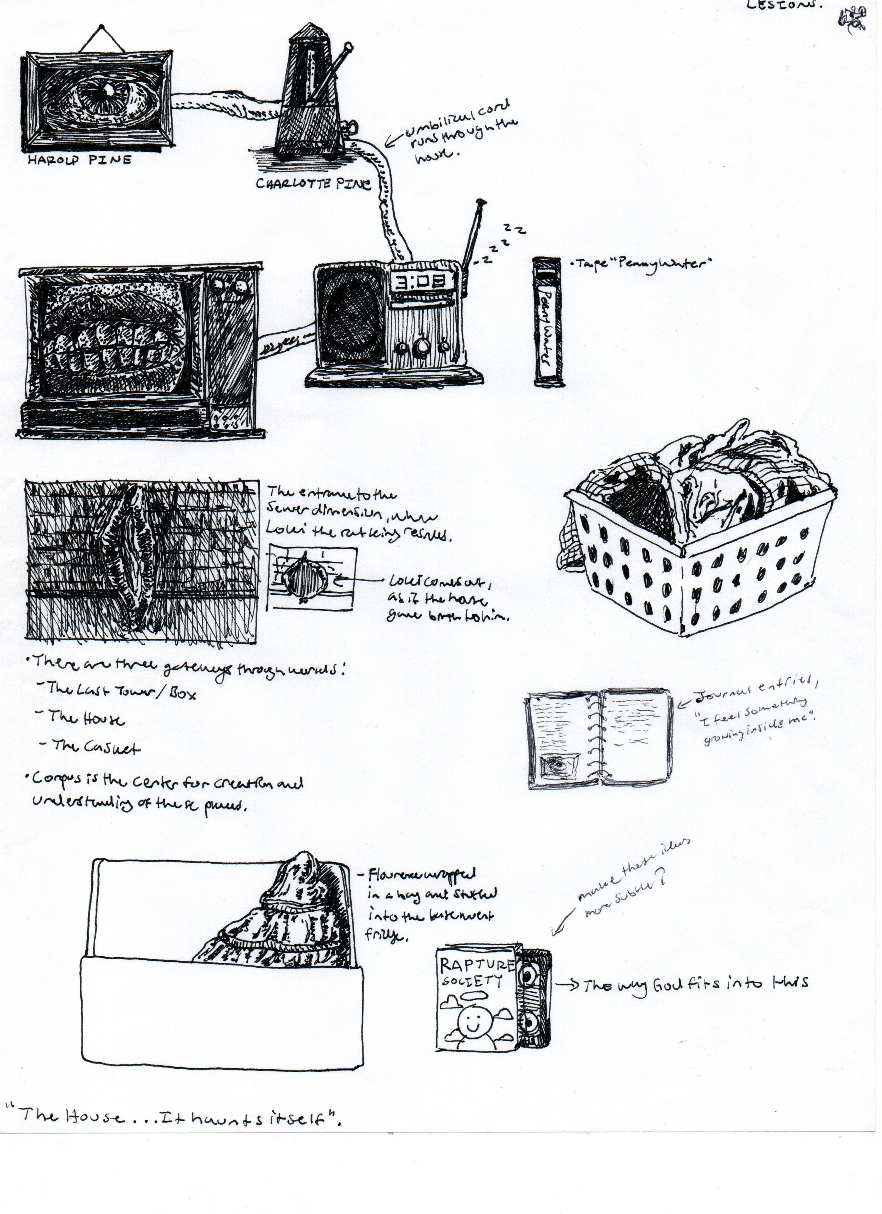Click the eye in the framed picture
click(107, 99)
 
